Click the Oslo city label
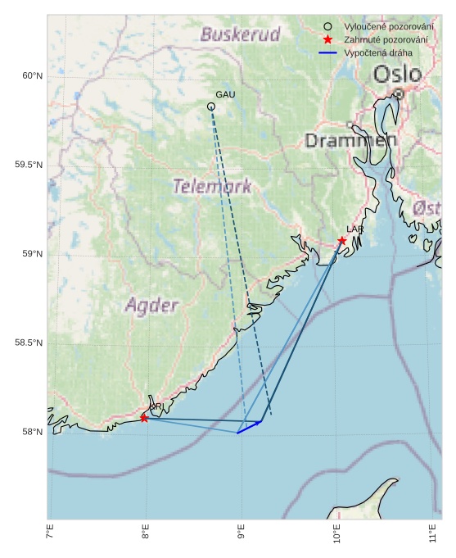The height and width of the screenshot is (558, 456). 398,75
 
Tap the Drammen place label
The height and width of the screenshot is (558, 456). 350,140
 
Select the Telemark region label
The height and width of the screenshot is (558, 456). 212,186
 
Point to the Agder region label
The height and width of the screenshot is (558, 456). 151,306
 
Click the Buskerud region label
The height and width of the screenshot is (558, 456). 240,34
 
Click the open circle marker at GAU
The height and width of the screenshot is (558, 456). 211,107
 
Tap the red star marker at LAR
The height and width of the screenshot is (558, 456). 342,240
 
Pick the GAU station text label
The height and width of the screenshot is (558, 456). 225,95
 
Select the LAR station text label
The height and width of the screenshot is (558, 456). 354,229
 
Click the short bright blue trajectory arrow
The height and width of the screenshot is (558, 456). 249,427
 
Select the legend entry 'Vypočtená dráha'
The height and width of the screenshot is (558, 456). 378,52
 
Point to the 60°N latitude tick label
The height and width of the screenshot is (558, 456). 31,76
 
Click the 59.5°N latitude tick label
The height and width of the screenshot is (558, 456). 28,166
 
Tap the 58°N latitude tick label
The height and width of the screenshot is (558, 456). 31,432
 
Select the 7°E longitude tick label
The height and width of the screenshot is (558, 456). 50,537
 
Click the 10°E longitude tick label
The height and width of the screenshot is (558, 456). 337,538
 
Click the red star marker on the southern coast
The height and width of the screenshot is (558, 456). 144,418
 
